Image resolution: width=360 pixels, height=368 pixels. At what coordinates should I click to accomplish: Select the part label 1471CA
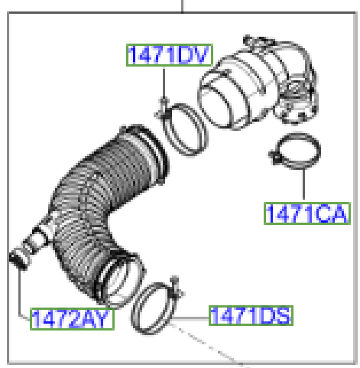point(306,213)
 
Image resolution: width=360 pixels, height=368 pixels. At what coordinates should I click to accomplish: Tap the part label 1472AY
point(72,318)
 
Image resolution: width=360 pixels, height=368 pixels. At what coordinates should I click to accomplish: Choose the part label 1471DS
point(250,314)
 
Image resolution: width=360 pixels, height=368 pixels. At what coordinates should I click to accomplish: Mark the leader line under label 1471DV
point(164,84)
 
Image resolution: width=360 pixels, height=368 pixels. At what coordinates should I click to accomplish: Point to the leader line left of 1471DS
point(196,314)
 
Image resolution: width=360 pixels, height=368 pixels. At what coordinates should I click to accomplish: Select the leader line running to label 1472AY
point(19,295)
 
